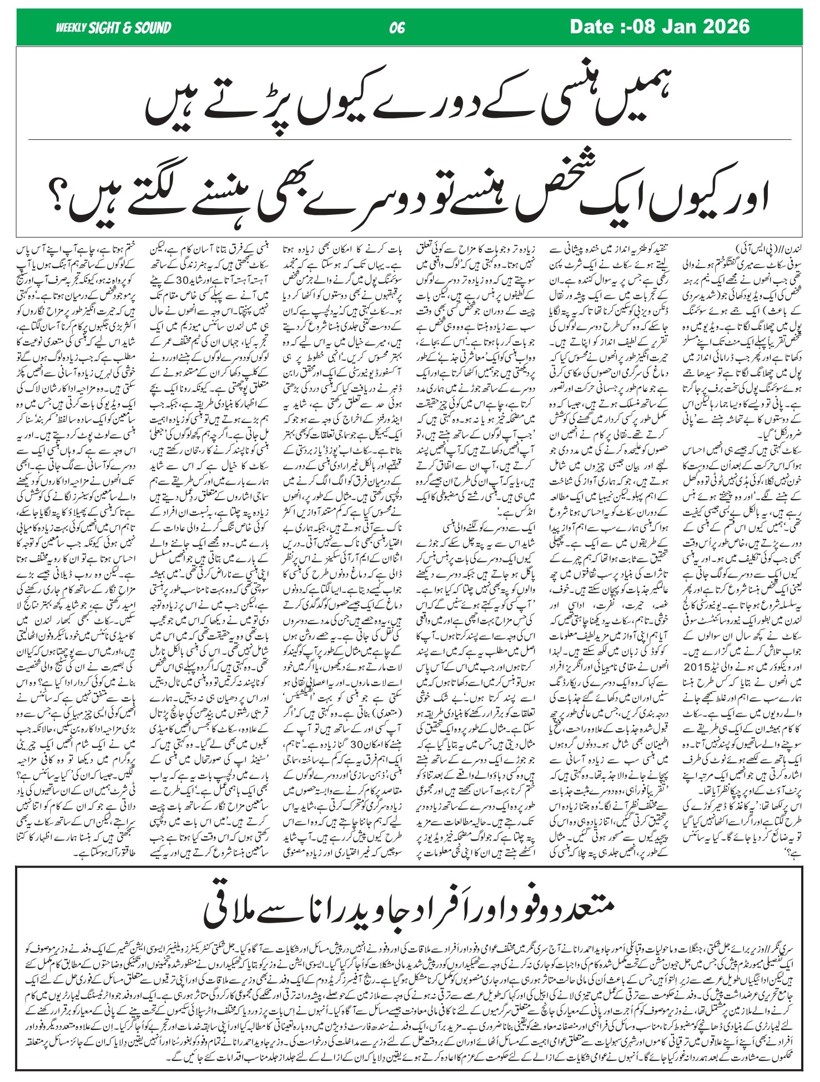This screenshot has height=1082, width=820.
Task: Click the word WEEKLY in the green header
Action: pos(71,27)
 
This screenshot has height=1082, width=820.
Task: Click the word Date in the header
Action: pos(592,26)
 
